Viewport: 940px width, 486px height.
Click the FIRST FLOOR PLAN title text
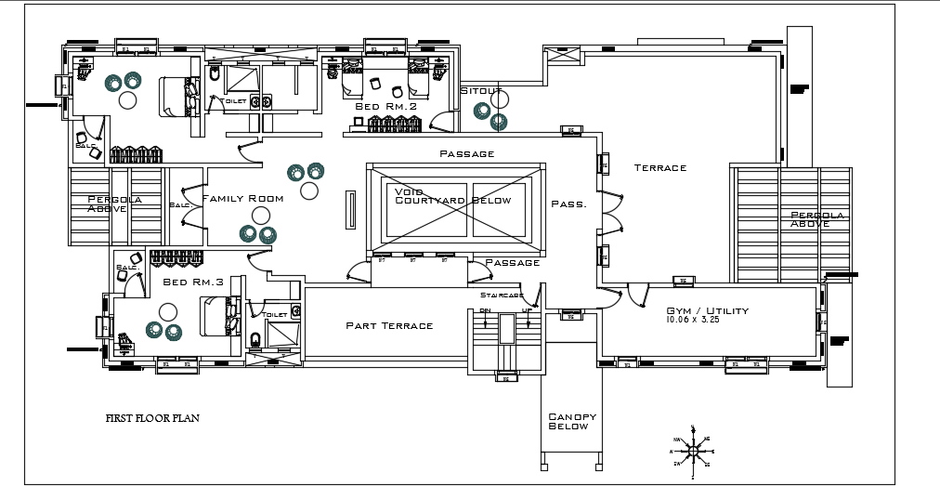151,418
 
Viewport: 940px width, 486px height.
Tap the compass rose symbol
692,451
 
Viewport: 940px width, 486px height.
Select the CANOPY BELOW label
571,422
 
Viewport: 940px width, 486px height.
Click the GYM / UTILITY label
708,310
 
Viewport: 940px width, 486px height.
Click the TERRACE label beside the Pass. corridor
659,168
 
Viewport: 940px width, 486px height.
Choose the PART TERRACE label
389,325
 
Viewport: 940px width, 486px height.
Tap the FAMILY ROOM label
242,199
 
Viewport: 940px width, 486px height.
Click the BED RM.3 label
193,282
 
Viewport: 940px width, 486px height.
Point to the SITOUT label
481,90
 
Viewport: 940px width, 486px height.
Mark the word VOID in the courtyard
410,191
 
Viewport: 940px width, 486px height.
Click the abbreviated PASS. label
568,204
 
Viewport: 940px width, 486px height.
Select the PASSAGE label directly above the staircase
512,263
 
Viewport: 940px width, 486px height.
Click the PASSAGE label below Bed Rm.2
466,153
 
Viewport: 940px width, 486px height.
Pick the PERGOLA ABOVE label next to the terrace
816,219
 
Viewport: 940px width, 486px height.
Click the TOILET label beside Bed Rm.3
274,315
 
